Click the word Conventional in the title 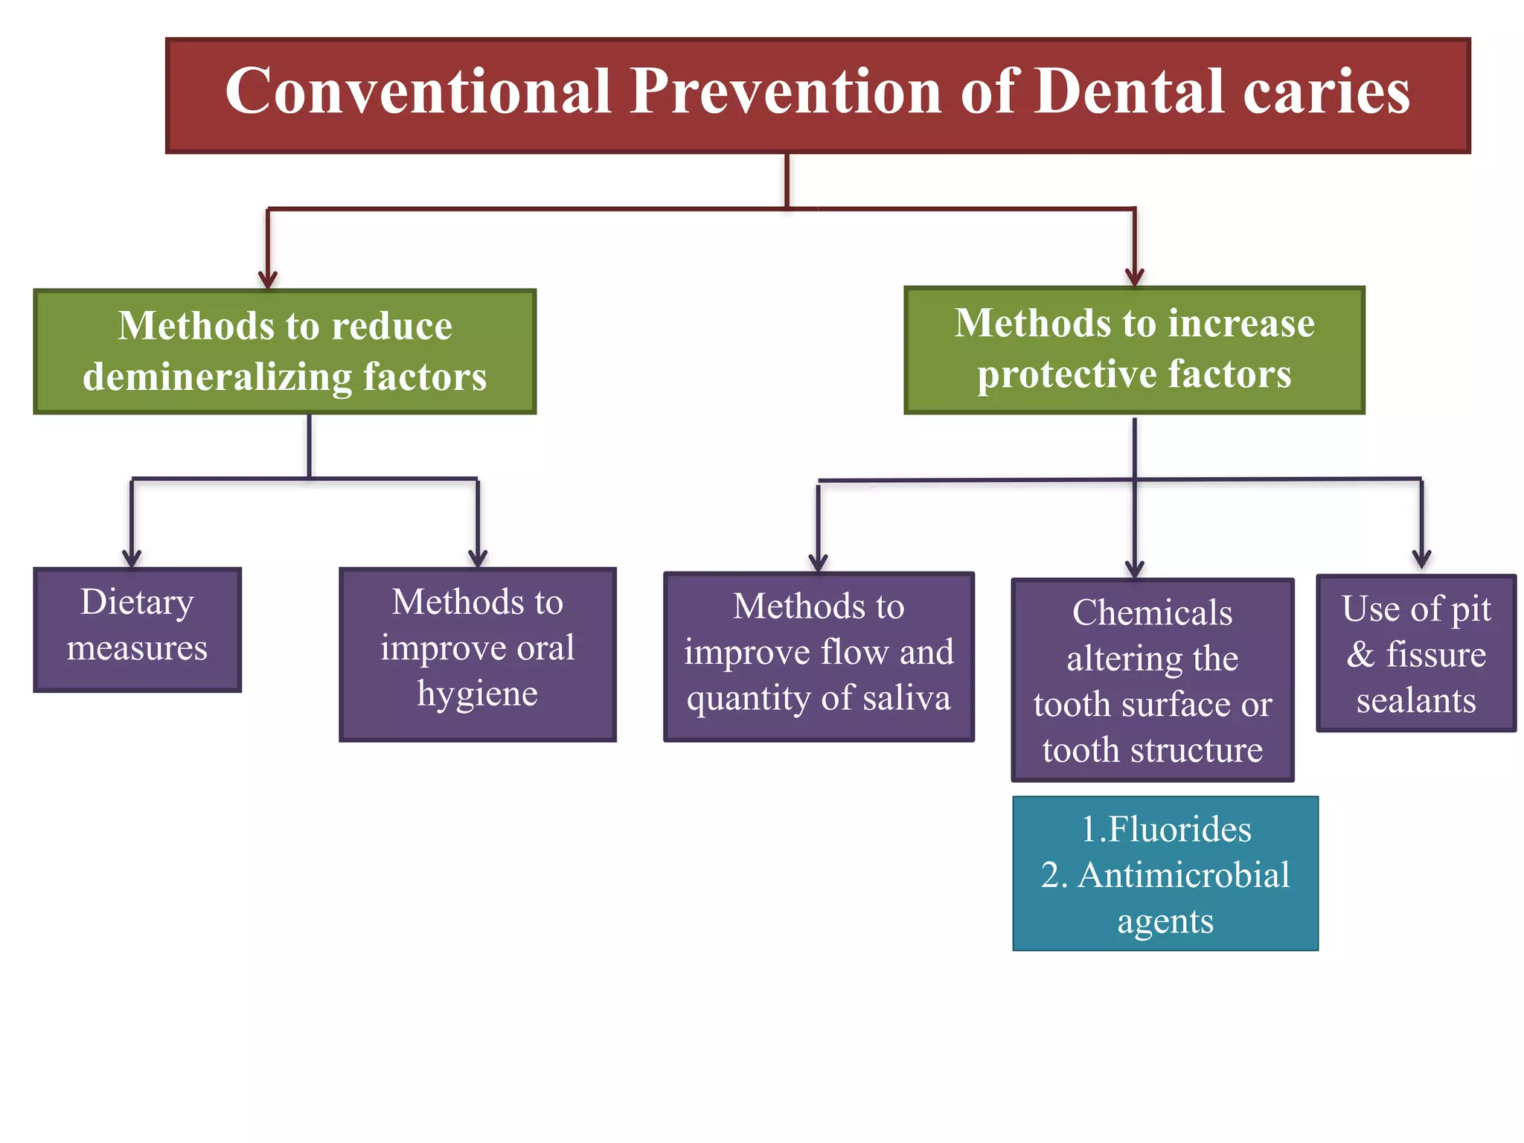point(417,92)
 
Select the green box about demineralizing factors point(285,351)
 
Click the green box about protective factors point(1134,350)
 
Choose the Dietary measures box point(137,630)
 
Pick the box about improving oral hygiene point(477,654)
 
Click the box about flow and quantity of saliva point(819,656)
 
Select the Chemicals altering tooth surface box point(1152,679)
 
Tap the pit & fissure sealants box point(1415,653)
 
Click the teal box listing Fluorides point(1165,873)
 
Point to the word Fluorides point(1179,829)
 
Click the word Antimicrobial point(1183,875)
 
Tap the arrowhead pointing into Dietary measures point(132,559)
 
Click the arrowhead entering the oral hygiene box point(478,559)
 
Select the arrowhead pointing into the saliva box point(819,563)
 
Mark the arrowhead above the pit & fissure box point(1421,559)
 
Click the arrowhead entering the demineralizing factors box point(268,281)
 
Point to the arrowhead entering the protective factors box point(1134,278)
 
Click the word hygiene point(477,694)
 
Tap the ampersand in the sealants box point(1360,655)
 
